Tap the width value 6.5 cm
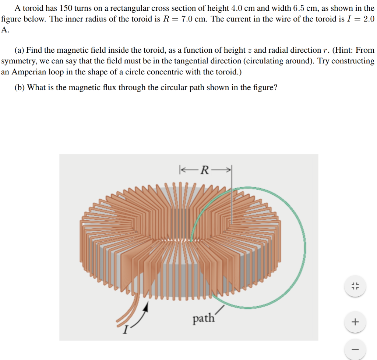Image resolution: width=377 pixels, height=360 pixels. click(x=301, y=8)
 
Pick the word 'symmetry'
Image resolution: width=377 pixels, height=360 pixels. click(x=16, y=61)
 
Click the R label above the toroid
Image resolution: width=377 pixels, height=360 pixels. click(x=205, y=170)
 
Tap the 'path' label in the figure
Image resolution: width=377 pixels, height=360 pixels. click(x=204, y=318)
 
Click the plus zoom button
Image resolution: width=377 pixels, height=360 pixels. click(x=355, y=322)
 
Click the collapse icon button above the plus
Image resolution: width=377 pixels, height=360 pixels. click(x=355, y=286)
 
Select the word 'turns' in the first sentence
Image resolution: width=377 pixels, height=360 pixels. click(x=84, y=8)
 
